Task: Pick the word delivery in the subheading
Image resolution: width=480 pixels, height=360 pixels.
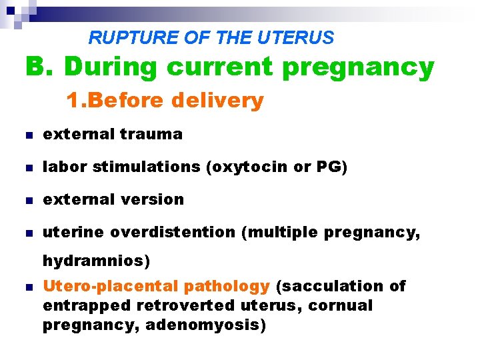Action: tap(217, 101)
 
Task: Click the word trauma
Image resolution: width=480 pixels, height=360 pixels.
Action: tap(151, 134)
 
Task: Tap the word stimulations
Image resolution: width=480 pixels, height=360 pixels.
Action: tap(147, 167)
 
